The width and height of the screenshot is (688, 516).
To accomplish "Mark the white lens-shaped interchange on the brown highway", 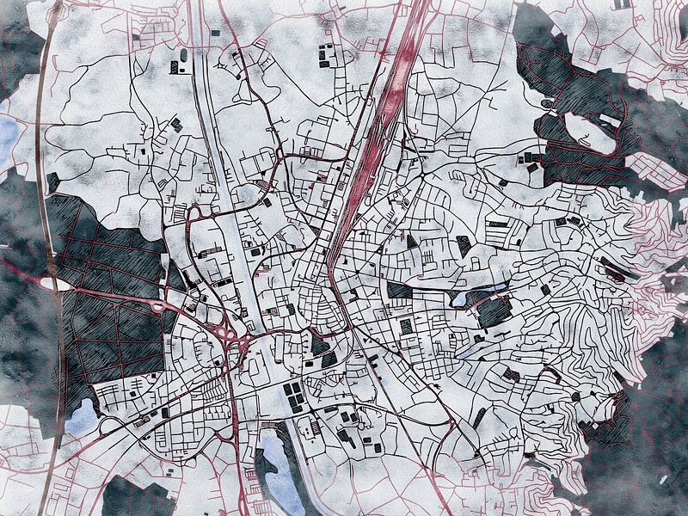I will pyautogui.click(x=49, y=282).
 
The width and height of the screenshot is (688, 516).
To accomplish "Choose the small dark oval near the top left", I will pyautogui.click(x=183, y=57).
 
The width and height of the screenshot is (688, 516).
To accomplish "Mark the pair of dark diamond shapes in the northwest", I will pyautogui.click(x=175, y=125).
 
